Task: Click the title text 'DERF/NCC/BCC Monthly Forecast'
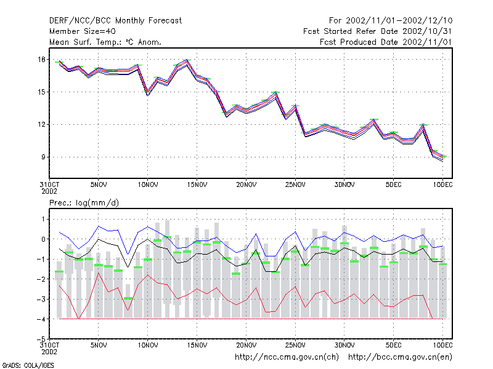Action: (x=115, y=21)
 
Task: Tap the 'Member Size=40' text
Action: (x=83, y=31)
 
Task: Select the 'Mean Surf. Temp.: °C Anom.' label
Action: (x=105, y=42)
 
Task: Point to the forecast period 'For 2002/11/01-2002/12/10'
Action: (x=391, y=21)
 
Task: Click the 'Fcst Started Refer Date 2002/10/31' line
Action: (x=377, y=31)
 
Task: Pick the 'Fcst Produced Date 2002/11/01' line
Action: (x=386, y=42)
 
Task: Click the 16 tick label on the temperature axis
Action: (x=41, y=59)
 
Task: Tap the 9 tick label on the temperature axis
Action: (x=43, y=157)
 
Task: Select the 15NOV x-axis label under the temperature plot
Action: (x=197, y=185)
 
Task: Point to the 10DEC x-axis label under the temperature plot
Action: (x=442, y=185)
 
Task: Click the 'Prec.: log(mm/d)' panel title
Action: (x=84, y=203)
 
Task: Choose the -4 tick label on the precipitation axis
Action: (x=41, y=319)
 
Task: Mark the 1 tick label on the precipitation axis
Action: (x=43, y=219)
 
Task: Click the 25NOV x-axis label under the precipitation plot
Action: (x=295, y=345)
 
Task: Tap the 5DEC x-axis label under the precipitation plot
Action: (x=394, y=345)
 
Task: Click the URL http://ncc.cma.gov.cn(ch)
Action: (x=287, y=357)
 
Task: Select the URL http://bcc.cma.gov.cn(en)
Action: (x=400, y=357)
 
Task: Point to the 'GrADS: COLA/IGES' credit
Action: (x=28, y=365)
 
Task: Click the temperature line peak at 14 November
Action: (x=187, y=60)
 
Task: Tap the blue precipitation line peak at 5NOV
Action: (x=99, y=226)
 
